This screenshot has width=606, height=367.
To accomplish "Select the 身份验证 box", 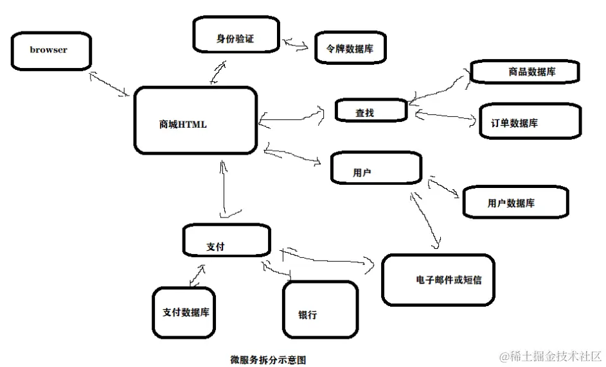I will point(235,35).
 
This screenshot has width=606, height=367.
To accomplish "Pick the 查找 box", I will point(371,111).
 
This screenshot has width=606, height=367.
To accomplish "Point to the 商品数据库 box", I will point(524,72).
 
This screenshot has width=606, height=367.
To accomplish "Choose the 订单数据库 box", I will point(530,121).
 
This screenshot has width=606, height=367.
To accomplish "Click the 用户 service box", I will point(376,168).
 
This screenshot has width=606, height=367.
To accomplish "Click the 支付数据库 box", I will point(185,312).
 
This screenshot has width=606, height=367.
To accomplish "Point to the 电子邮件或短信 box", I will point(438,280).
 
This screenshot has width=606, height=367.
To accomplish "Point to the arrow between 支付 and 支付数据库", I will point(197,275).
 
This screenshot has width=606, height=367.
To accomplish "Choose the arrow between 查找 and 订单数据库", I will point(444,116).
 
